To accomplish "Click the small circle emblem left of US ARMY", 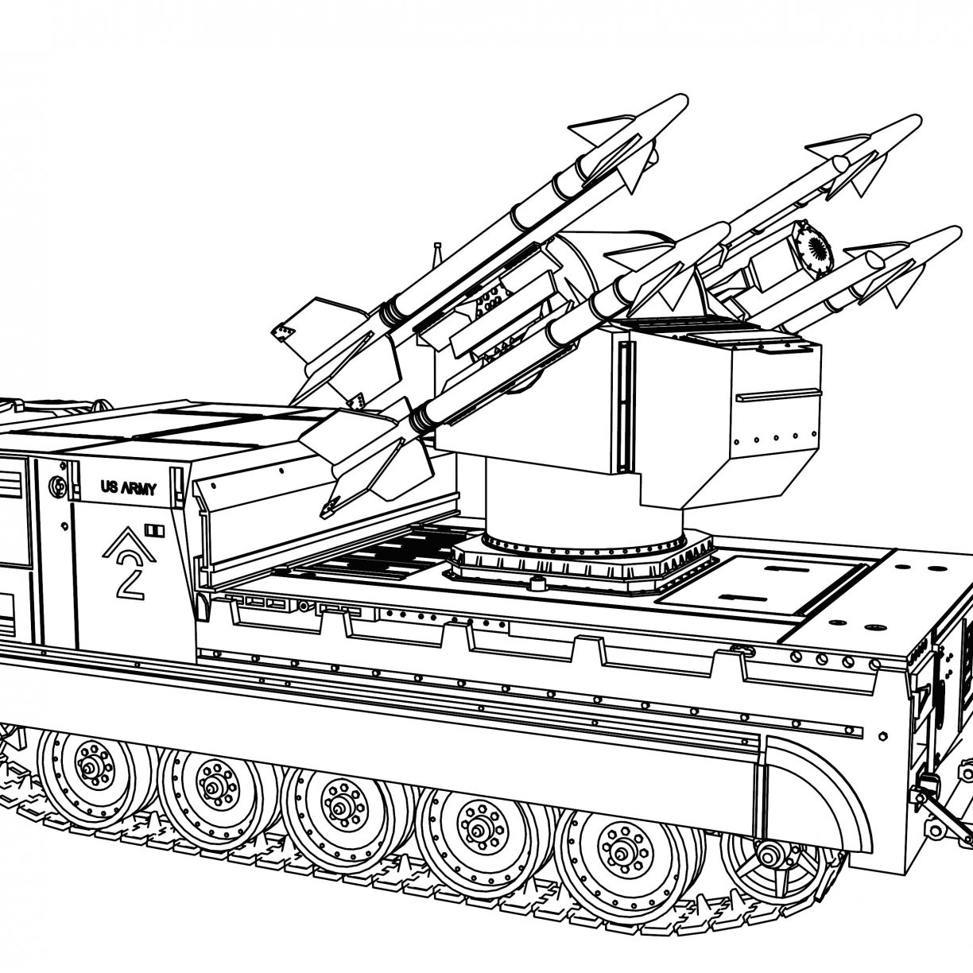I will (55, 484).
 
